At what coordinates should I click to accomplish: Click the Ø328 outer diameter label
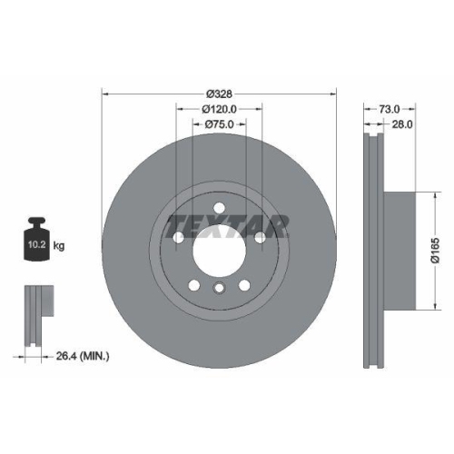click(219, 94)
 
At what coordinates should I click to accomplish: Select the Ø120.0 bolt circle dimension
click(219, 109)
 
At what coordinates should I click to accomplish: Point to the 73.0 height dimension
click(382, 106)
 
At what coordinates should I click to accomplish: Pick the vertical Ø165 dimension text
click(434, 245)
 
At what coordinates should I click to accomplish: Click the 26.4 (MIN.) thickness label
click(84, 356)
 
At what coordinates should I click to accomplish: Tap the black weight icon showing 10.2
click(36, 242)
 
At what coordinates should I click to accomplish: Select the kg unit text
click(60, 246)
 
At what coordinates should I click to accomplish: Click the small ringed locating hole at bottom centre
click(219, 290)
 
